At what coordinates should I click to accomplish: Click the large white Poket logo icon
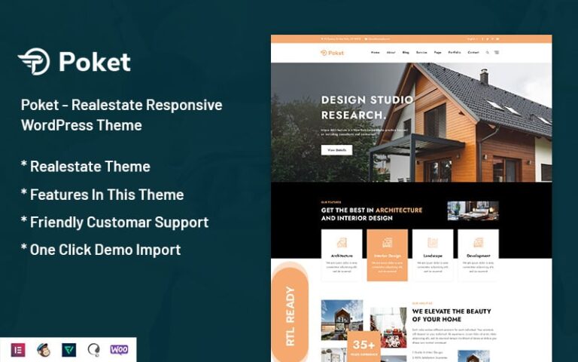click(34, 62)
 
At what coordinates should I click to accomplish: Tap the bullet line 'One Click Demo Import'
click(101, 250)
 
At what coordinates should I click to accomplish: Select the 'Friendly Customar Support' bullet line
click(114, 222)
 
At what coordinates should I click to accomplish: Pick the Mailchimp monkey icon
click(44, 349)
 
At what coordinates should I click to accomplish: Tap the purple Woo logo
click(119, 349)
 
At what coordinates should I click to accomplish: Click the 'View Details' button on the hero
click(336, 150)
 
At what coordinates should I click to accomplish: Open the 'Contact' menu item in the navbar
click(473, 53)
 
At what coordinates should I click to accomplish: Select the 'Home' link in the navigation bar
click(376, 53)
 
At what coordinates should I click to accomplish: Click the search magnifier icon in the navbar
click(488, 53)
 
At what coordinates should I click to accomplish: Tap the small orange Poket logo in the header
click(332, 53)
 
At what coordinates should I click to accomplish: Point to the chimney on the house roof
click(483, 76)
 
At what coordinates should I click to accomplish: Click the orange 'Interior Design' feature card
click(387, 255)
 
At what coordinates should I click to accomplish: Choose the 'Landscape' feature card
click(433, 255)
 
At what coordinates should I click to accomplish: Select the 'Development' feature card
click(478, 255)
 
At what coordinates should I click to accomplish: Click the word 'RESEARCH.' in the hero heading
click(353, 115)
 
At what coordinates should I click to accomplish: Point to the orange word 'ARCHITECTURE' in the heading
click(399, 210)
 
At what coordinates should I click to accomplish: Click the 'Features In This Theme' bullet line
click(102, 195)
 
